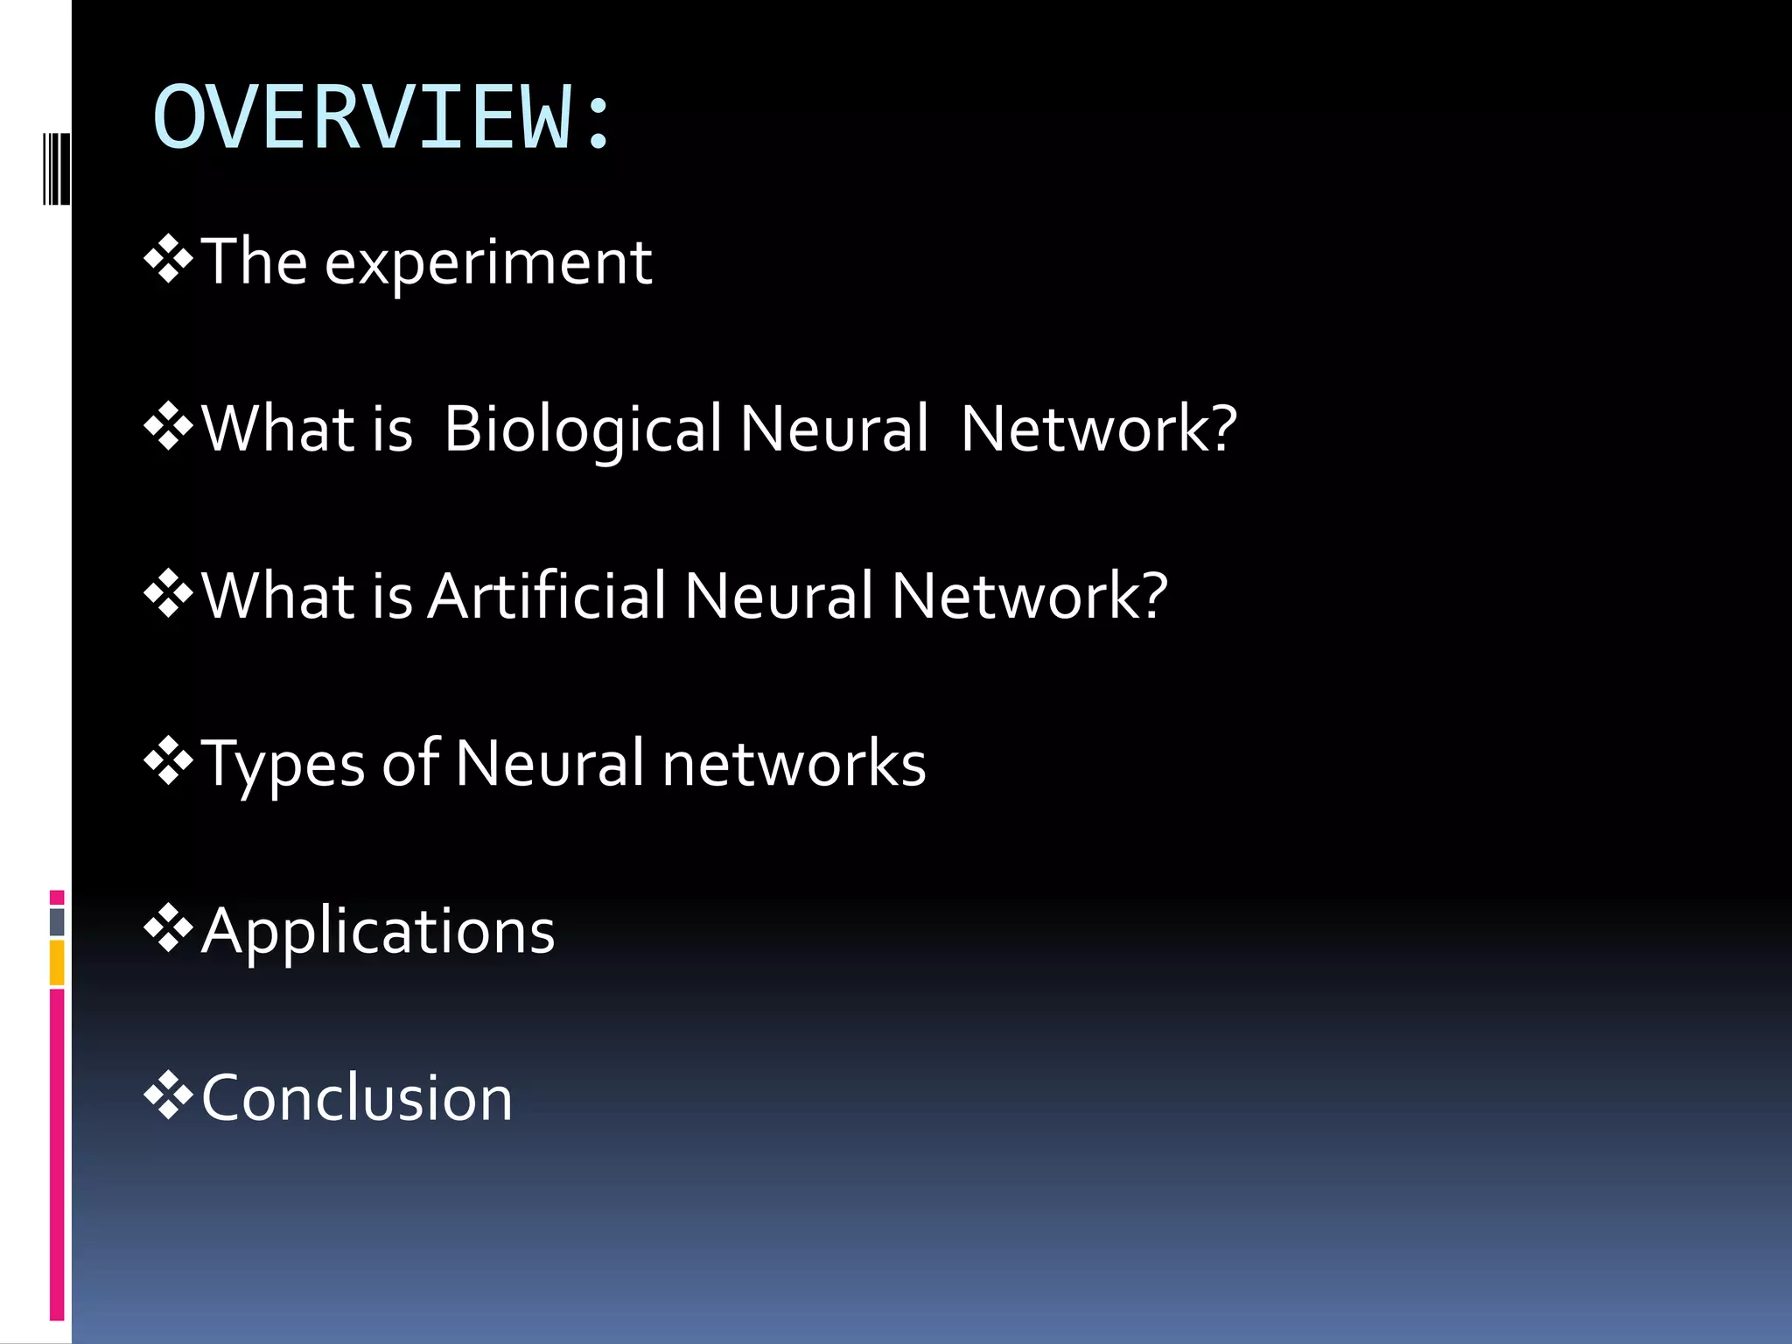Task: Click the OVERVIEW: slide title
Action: click(381, 118)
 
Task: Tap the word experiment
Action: click(487, 262)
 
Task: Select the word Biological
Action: click(583, 430)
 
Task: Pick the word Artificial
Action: click(548, 597)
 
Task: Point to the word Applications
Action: click(378, 931)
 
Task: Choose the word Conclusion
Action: click(357, 1098)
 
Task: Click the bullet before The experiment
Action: click(168, 261)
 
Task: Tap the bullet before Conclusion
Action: click(168, 1096)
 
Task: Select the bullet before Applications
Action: click(168, 929)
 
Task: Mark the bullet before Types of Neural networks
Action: click(168, 762)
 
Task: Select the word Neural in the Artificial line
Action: click(779, 597)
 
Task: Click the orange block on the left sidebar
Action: click(57, 962)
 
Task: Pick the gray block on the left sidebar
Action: click(57, 921)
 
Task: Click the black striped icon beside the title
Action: click(57, 169)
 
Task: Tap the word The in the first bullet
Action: click(255, 262)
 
